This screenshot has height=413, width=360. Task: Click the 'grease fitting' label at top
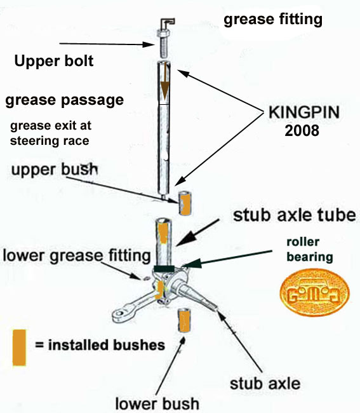(x=273, y=20)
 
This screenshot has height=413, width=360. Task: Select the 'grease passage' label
(x=64, y=100)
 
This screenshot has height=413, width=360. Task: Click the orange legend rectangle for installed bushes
(x=19, y=347)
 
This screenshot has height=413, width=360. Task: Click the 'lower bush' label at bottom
(x=156, y=402)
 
